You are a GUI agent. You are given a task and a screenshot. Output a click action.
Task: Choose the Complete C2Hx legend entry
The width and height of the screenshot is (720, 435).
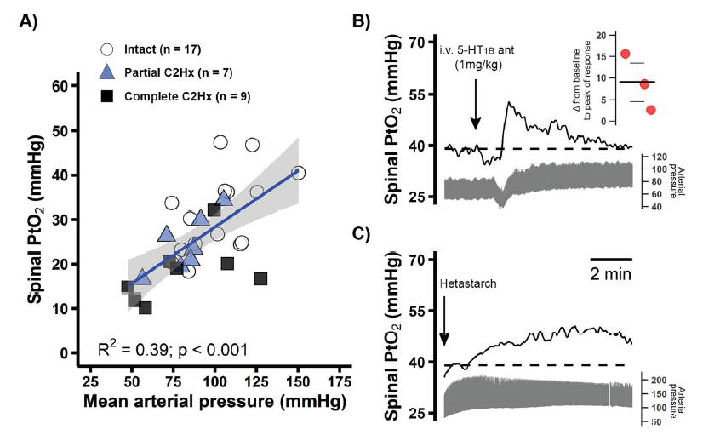[x=174, y=97]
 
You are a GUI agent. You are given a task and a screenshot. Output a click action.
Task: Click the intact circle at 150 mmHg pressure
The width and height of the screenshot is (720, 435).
[x=298, y=173]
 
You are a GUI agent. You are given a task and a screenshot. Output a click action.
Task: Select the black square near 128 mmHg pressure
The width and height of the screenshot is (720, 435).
[x=260, y=278]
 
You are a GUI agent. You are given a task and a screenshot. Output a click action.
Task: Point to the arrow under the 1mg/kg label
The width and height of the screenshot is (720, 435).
[x=476, y=111]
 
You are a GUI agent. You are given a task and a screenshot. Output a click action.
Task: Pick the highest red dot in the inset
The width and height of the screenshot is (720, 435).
[x=626, y=54]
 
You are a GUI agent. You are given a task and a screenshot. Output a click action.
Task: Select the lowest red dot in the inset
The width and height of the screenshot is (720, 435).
[x=651, y=110]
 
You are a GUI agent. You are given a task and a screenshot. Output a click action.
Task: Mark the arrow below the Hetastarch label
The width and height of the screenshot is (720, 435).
[x=445, y=328]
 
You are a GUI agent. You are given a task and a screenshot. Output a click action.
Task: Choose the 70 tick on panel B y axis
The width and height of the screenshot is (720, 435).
[x=419, y=41]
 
